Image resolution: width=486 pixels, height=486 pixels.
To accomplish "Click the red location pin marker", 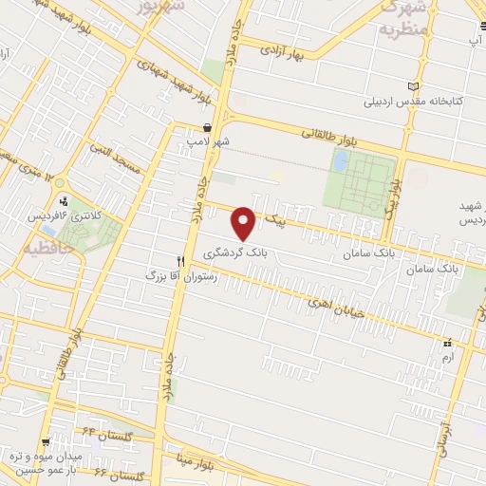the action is (245, 222).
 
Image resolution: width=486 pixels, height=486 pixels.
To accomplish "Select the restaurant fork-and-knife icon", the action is (180, 259).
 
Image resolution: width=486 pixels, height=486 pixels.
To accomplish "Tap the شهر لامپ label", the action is (208, 141).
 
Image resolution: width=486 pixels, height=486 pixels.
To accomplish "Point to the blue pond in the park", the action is (340, 161).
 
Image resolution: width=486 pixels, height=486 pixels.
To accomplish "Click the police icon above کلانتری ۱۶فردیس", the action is (64, 200).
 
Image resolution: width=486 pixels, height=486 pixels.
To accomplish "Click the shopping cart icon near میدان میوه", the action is (46, 442).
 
